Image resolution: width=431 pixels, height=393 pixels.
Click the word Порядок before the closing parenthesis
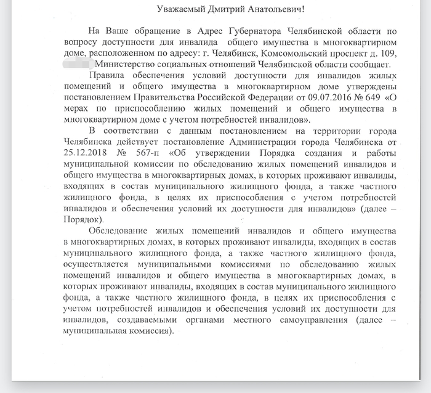point(83,219)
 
